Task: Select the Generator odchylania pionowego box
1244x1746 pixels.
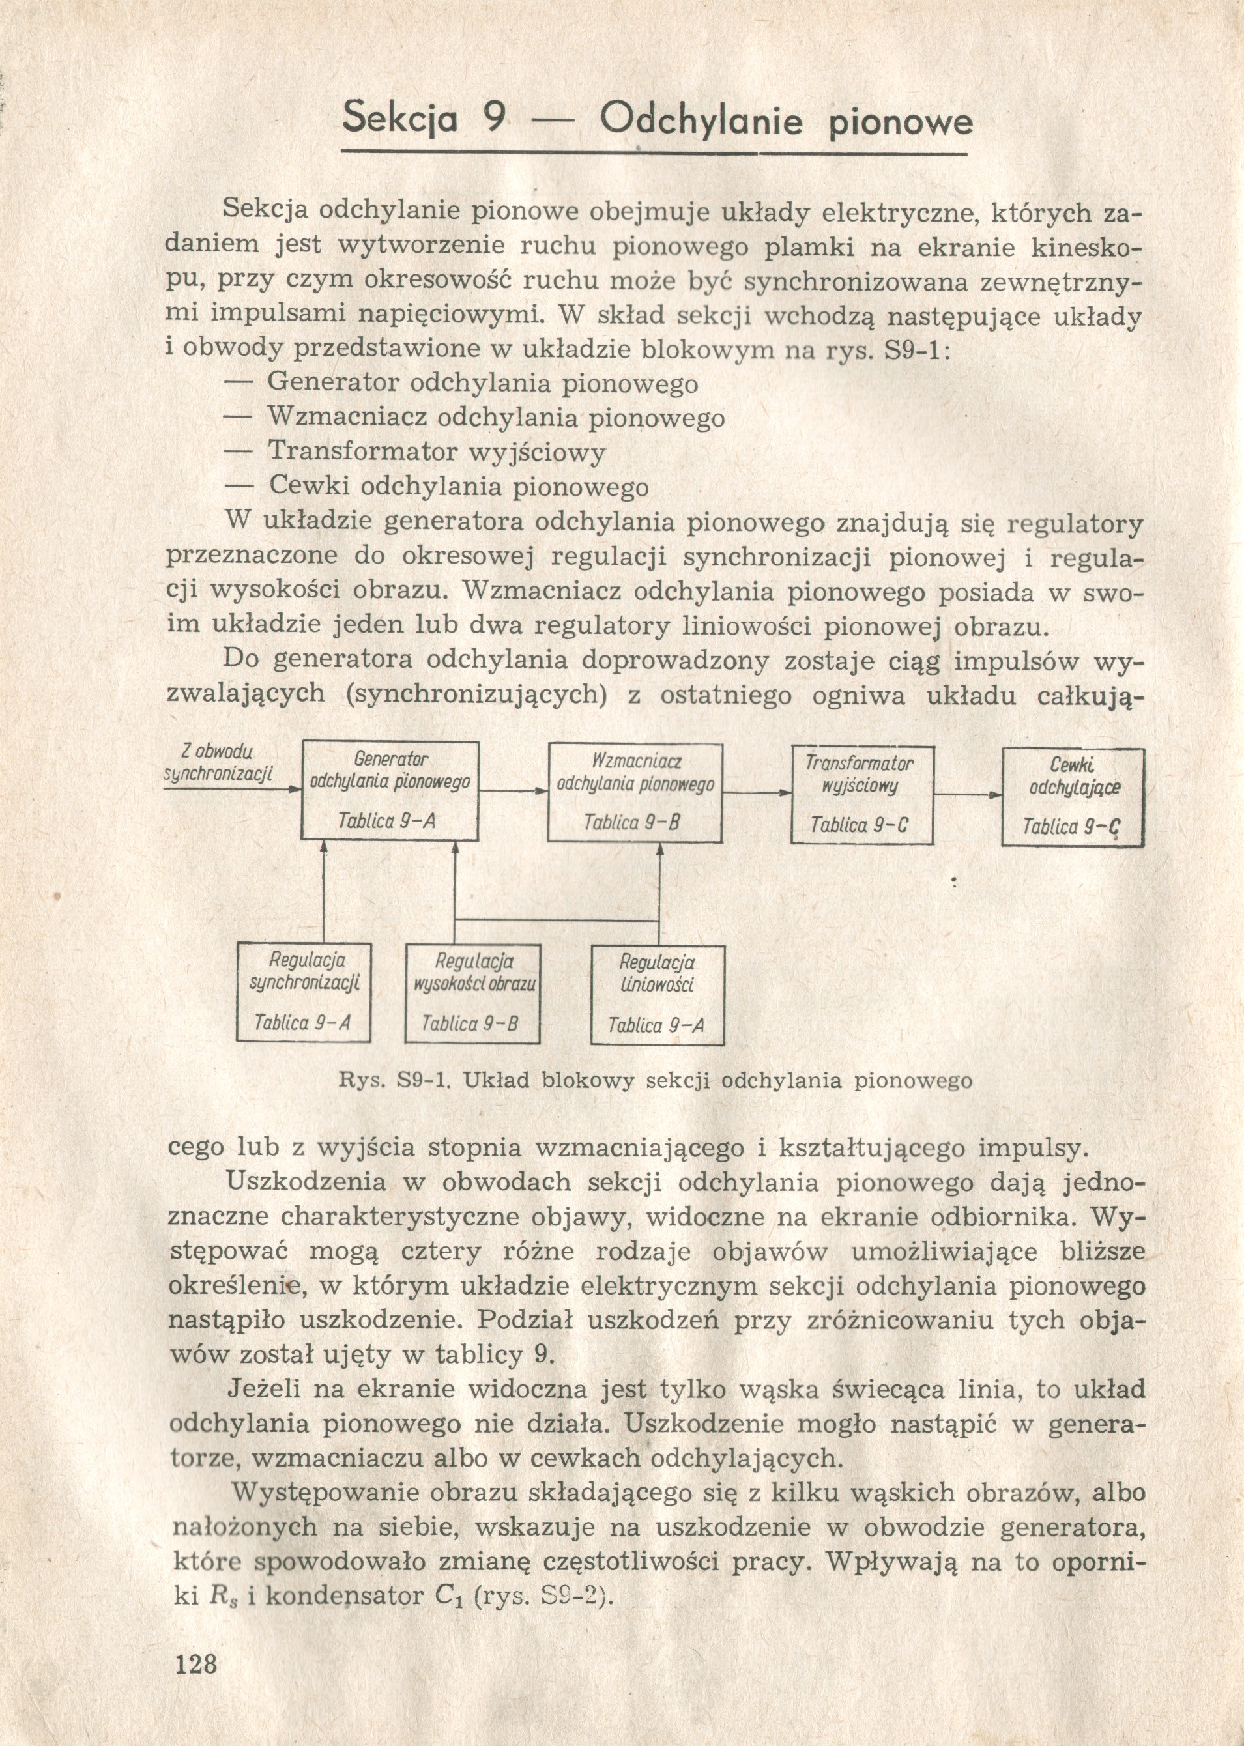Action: [390, 791]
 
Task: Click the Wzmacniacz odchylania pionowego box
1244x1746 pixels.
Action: [635, 793]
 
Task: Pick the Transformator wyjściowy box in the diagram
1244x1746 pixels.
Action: [861, 795]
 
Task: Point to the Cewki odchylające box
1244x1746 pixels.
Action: [1073, 797]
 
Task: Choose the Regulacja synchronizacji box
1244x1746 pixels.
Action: [304, 992]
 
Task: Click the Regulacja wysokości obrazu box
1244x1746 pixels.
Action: [472, 994]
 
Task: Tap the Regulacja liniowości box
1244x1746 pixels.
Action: [658, 994]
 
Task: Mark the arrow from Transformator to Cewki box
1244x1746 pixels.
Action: [968, 795]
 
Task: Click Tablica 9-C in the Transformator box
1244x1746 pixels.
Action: [860, 825]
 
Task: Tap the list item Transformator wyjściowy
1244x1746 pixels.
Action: [437, 453]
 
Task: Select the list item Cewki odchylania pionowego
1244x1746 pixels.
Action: [458, 487]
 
